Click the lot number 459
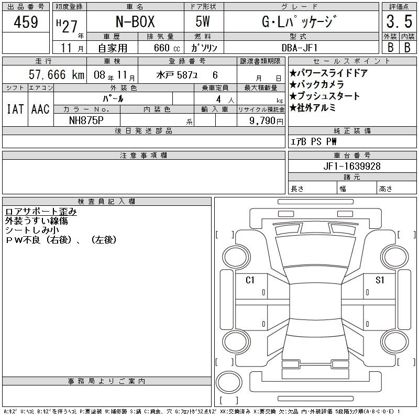click(x=26, y=21)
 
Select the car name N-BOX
click(x=135, y=21)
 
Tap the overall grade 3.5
click(x=399, y=21)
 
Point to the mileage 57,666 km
click(x=57, y=74)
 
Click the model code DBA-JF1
click(x=300, y=48)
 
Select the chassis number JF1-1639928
click(x=352, y=166)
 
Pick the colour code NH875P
click(x=86, y=120)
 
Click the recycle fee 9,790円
click(x=266, y=120)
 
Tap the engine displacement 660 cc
click(x=167, y=48)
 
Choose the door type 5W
click(x=203, y=21)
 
